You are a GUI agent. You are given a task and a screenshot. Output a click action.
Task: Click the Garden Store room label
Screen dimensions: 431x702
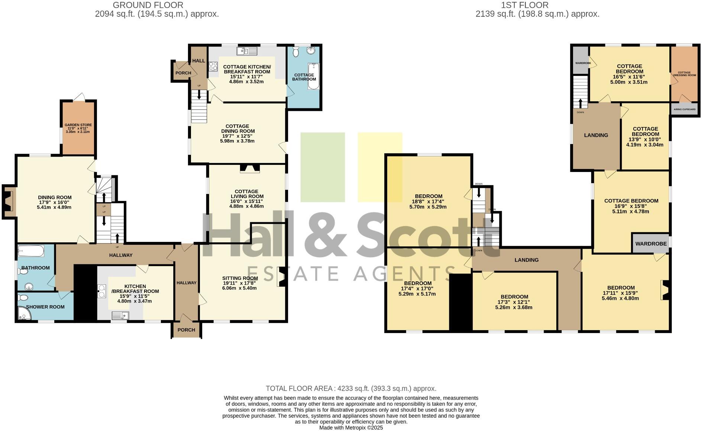pos(78,125)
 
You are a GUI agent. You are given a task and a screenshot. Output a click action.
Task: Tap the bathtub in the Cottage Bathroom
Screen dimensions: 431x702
pos(313,76)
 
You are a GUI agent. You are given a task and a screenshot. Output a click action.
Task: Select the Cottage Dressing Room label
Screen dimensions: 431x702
pos(684,74)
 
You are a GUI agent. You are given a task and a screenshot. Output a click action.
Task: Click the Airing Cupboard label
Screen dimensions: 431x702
pos(685,109)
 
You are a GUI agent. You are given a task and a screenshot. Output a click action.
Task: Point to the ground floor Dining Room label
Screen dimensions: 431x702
pos(55,197)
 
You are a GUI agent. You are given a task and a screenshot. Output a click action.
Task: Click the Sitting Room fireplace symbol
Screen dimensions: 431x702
pos(282,277)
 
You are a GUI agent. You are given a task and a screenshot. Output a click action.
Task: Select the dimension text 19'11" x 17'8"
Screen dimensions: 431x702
pos(240,283)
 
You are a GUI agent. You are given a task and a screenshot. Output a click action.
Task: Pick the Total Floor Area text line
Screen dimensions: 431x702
pos(351,388)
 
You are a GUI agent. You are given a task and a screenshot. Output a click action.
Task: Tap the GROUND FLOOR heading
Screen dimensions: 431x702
pos(148,5)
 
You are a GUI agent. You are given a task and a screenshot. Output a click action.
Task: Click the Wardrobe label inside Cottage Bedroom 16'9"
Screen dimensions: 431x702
pos(651,244)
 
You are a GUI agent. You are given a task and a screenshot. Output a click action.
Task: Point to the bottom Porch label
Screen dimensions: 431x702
pos(186,330)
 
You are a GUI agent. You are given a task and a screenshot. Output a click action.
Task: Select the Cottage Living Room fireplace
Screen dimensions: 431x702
pos(250,169)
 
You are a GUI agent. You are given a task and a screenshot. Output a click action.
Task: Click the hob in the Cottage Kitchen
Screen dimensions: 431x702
pos(213,66)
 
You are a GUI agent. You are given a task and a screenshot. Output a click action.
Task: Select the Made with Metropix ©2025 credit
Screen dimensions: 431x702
pos(351,428)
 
